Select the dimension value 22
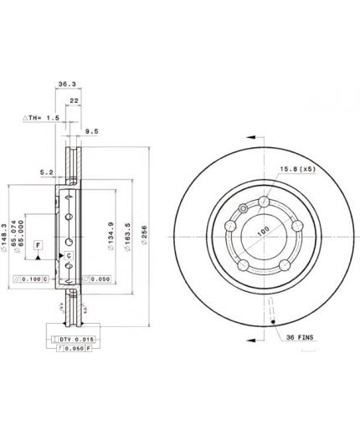click(75, 100)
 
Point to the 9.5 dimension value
click(92, 130)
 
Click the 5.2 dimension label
click(47, 173)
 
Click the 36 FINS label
click(299, 337)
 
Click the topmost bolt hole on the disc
click(263, 201)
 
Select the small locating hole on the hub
click(243, 208)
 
